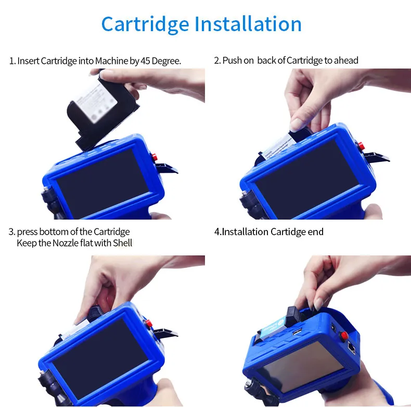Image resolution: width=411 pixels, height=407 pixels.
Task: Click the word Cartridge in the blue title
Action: [x=145, y=24]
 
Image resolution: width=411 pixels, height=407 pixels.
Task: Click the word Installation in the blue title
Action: [x=248, y=24]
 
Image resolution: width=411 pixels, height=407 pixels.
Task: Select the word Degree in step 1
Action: [x=168, y=61]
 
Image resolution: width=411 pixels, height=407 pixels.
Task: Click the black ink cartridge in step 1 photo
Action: [x=102, y=110]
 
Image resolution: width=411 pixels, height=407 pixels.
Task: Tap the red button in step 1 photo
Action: [x=154, y=156]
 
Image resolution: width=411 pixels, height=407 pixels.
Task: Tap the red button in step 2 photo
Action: [x=359, y=145]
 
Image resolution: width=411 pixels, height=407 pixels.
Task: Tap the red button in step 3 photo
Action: [x=149, y=323]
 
